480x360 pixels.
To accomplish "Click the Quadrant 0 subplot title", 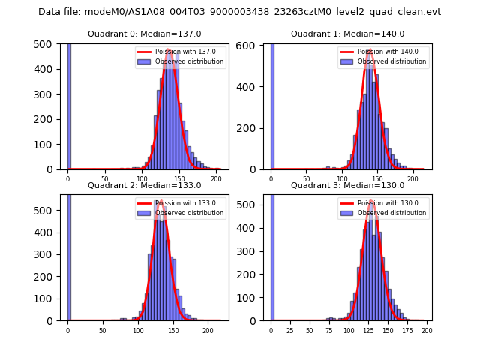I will (144, 34).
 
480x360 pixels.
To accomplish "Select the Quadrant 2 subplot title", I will (144, 185).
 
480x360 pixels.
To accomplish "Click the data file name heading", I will (239, 12).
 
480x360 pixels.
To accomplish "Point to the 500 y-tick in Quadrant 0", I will (46, 43).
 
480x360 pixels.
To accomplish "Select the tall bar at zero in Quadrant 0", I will (68, 105).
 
